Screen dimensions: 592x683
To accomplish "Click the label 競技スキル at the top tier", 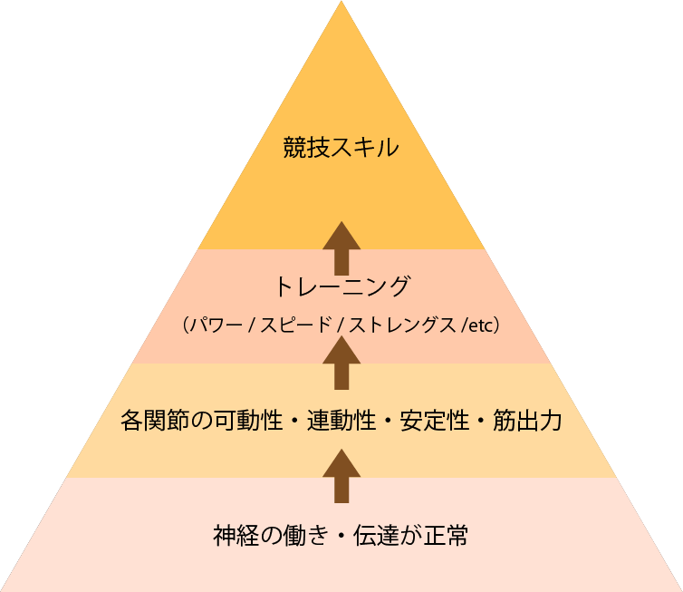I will coord(341,148).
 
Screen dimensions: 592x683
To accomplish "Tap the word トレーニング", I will coord(341,288).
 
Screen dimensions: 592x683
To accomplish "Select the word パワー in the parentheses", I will coord(215,325).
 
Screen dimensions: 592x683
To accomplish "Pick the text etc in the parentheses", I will coord(480,325).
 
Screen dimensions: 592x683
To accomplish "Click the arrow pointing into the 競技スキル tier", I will coord(341,247).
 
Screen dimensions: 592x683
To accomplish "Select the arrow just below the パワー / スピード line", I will coord(341,363).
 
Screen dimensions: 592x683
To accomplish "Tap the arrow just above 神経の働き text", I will coord(341,475).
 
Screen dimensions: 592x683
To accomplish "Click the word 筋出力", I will coord(527,421).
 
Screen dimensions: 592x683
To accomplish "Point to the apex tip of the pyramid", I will coord(341,4).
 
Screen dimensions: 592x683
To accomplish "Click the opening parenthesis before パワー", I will coord(184,325).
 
